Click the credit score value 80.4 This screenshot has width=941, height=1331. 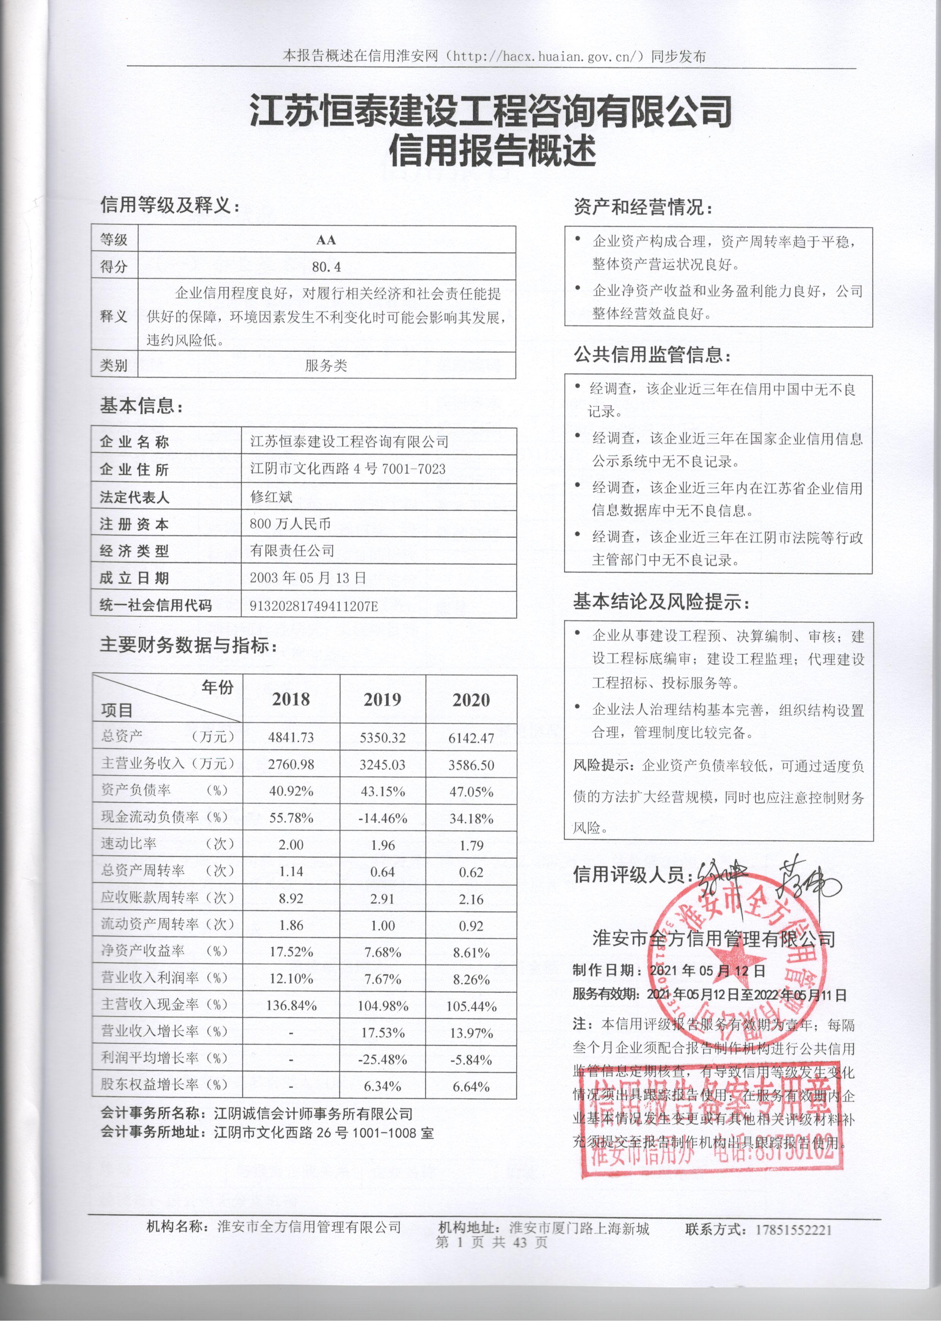tap(326, 267)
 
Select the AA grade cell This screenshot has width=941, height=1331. tap(326, 239)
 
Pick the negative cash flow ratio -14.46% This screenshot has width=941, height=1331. tap(382, 819)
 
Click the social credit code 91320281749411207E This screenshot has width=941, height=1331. tap(313, 606)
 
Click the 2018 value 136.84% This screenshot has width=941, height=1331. tap(291, 1005)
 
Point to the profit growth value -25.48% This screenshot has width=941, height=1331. tap(382, 1060)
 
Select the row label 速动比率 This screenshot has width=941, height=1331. tap(129, 844)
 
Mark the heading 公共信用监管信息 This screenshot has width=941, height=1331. tap(652, 355)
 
